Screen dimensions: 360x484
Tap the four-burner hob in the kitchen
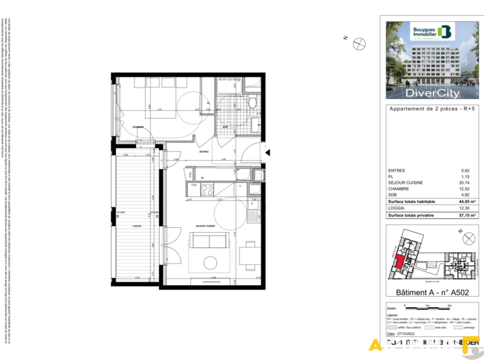pos(207,189)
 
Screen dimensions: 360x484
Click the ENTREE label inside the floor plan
pos(204,151)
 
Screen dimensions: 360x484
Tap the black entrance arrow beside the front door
pos(269,152)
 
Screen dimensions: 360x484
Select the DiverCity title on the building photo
pos(432,93)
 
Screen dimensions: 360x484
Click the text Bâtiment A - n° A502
pos(432,292)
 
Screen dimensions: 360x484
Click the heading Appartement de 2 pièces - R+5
pos(432,109)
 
